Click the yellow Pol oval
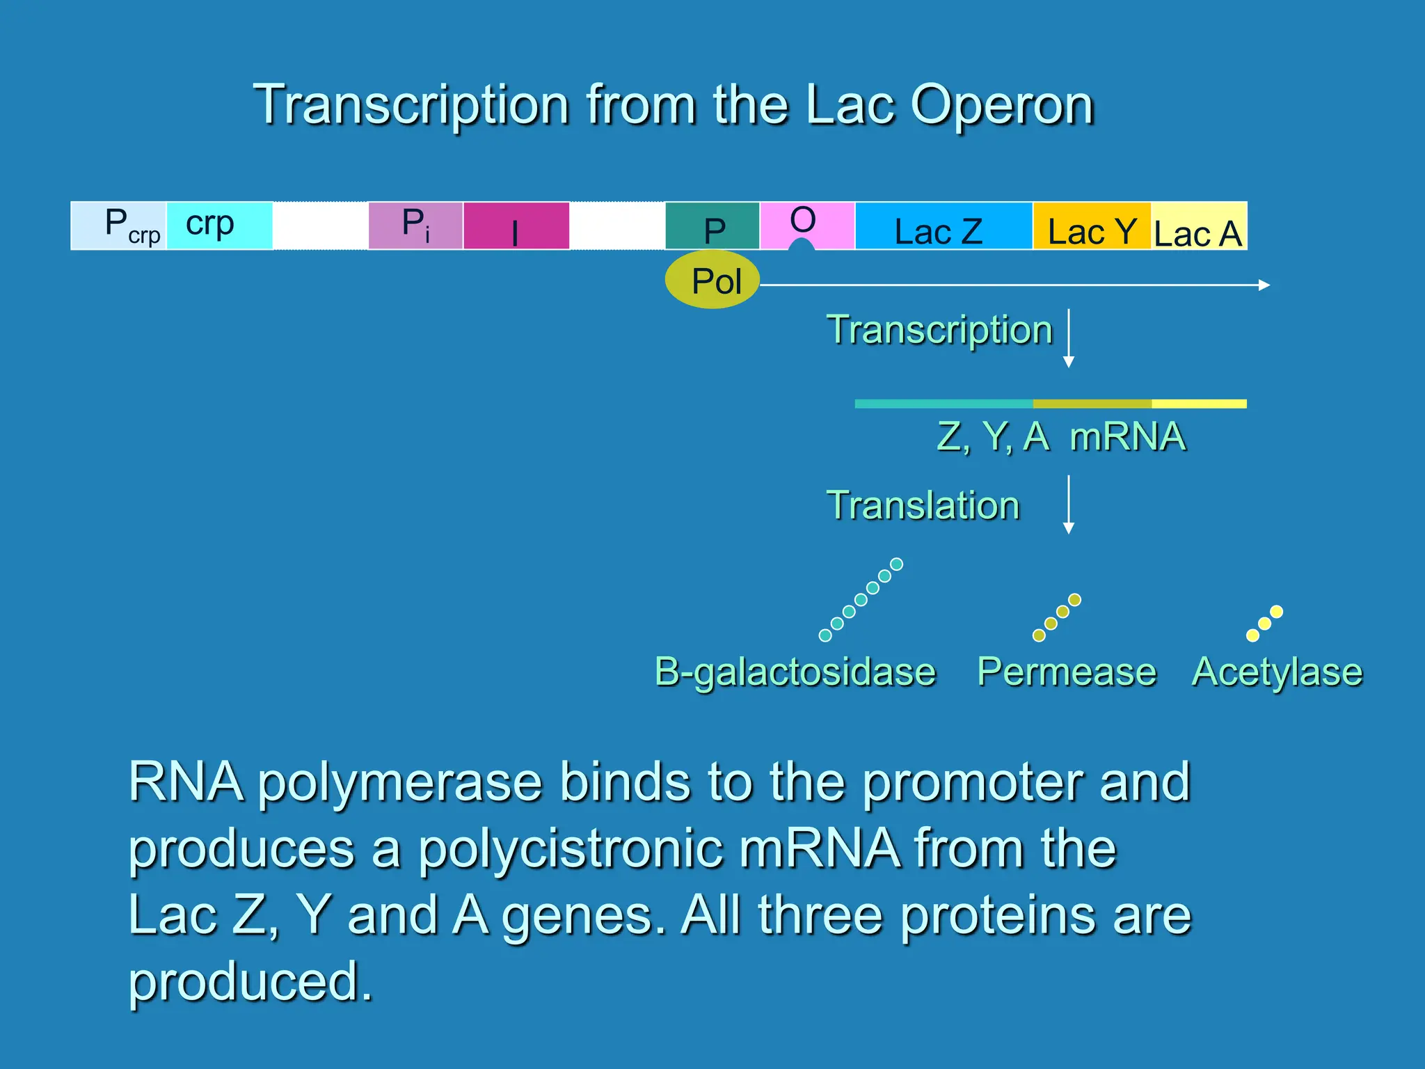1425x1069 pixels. (x=712, y=280)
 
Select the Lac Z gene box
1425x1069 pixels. (x=943, y=226)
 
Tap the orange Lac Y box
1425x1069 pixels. (x=1091, y=226)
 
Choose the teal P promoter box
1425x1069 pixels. (x=712, y=226)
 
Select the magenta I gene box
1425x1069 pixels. (x=516, y=226)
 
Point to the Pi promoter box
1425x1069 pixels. (x=415, y=226)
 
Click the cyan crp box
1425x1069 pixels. (x=218, y=225)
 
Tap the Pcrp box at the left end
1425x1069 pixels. (x=119, y=226)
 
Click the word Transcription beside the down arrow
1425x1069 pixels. (x=939, y=330)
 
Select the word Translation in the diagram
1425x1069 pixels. (x=923, y=505)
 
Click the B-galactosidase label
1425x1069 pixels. (x=795, y=672)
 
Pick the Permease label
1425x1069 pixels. (x=1066, y=672)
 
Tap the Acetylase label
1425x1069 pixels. (x=1277, y=672)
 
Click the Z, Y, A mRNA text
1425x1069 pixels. (x=1061, y=437)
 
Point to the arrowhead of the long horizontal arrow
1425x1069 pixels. (x=1266, y=285)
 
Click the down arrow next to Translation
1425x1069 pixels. (x=1069, y=505)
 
